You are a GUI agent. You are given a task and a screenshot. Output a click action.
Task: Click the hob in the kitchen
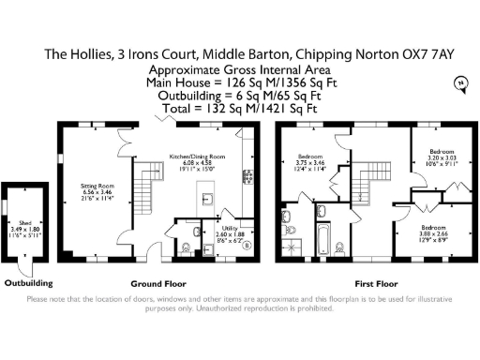coord(249,176)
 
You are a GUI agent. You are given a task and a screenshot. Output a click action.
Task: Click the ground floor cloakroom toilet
coord(187,248)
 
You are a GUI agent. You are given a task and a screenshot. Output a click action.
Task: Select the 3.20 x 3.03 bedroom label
coord(441,157)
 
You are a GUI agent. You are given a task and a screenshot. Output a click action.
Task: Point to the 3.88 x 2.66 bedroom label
coord(433,232)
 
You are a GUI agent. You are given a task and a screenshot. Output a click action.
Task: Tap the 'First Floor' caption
coord(375,283)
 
